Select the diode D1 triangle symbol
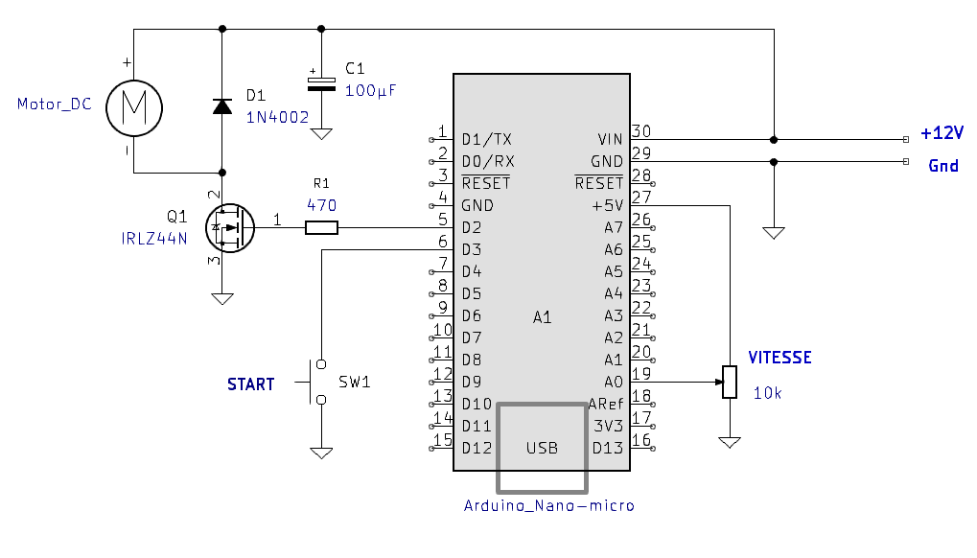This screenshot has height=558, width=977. [x=222, y=106]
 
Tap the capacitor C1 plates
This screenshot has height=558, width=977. [x=321, y=84]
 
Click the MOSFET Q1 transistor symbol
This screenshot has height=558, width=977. [x=230, y=228]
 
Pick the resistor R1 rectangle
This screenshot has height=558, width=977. [x=321, y=228]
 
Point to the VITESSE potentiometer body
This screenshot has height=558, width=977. [x=730, y=382]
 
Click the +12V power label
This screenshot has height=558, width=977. [x=942, y=132]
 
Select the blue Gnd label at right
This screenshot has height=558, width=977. [x=943, y=166]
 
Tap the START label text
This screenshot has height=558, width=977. [x=250, y=384]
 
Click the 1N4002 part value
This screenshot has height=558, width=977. [x=277, y=117]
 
